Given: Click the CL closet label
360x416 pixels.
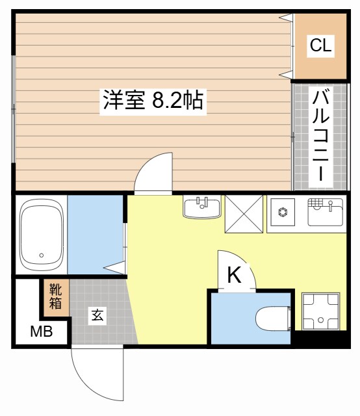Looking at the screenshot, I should point(320,45).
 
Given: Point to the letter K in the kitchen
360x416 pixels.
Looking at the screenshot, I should point(234,276).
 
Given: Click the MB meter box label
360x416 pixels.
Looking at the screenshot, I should point(42,332).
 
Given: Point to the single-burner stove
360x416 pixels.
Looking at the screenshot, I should point(283,212).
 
